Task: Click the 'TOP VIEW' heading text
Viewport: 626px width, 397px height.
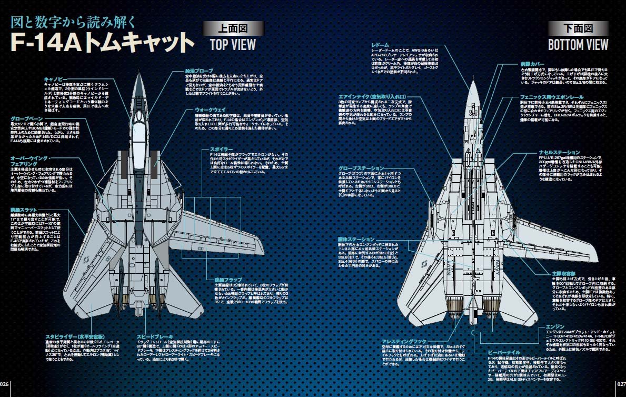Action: (233, 44)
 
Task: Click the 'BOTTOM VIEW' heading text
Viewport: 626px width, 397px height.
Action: (578, 44)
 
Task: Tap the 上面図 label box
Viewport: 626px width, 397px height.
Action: (233, 27)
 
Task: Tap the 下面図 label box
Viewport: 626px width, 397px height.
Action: (578, 27)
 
